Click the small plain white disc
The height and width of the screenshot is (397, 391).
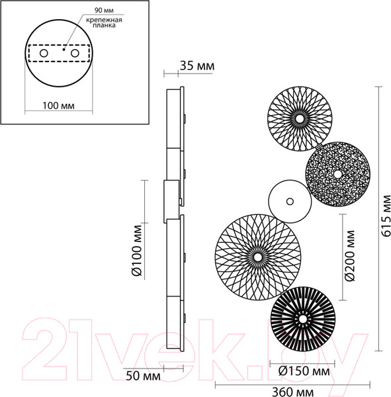(289, 200)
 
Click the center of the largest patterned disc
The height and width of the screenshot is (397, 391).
(256, 255)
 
